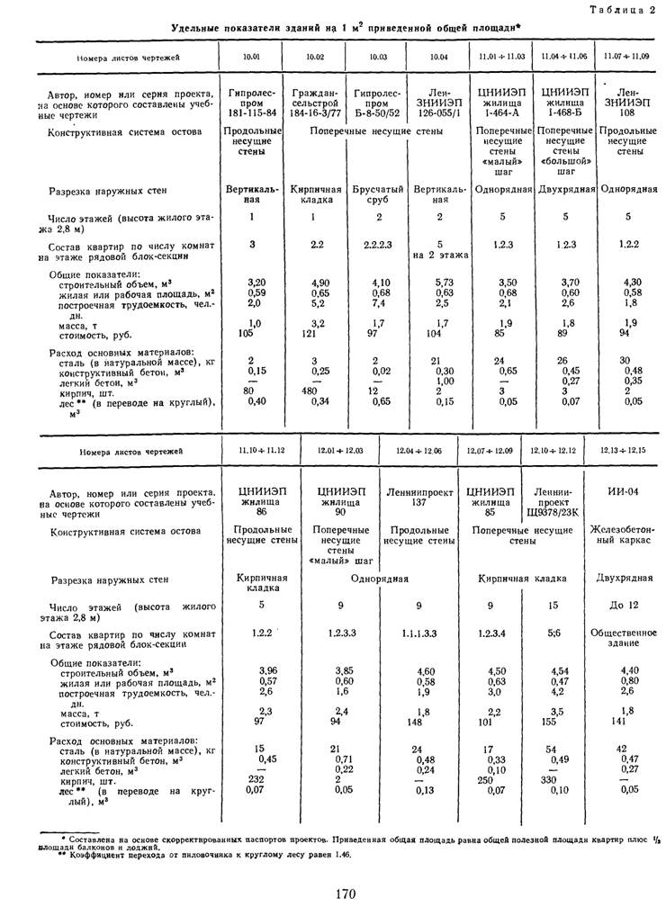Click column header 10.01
coord(249,57)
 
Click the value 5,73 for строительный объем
coord(438,282)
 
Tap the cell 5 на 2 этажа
coord(438,249)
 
